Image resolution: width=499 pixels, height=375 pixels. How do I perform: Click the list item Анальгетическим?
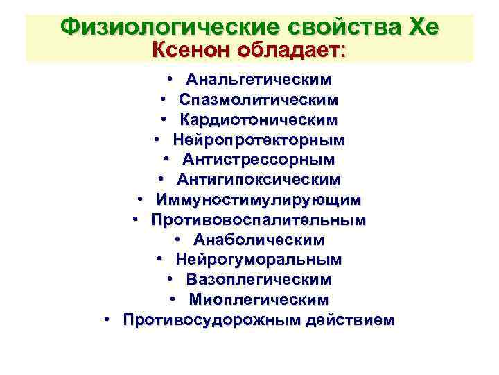(x=259, y=81)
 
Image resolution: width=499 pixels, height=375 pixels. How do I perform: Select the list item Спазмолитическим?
(x=259, y=101)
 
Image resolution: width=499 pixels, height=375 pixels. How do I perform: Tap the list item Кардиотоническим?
(x=259, y=121)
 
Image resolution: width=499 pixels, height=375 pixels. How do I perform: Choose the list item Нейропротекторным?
(x=259, y=140)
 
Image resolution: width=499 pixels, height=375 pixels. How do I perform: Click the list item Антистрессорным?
(x=259, y=160)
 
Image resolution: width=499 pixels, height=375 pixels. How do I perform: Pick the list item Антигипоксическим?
(x=259, y=181)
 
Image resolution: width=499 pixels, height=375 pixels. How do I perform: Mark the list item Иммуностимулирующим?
(x=259, y=200)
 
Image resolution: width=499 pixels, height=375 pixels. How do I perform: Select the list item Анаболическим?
(x=259, y=240)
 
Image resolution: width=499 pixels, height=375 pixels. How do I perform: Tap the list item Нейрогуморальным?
(x=259, y=260)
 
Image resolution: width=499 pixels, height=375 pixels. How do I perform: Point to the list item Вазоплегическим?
(x=259, y=280)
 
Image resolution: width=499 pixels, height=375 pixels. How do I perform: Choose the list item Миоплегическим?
(x=259, y=300)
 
